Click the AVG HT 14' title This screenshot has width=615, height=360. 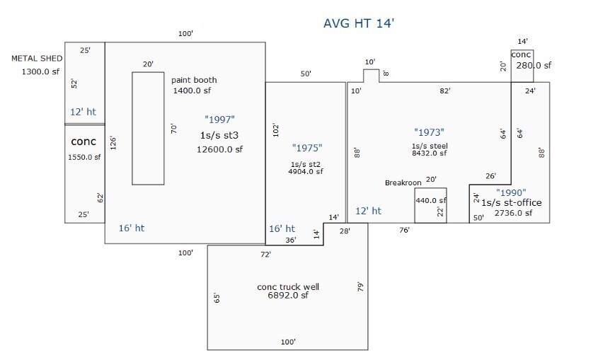[x=358, y=23]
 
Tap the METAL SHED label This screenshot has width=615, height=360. [x=37, y=59]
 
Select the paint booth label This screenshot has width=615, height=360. [x=194, y=80]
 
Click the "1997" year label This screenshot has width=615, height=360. [x=219, y=120]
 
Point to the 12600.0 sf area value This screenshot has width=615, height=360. [x=219, y=149]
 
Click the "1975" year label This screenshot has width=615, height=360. [x=306, y=148]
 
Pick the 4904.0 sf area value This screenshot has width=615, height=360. [x=306, y=170]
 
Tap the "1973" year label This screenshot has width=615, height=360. [x=428, y=132]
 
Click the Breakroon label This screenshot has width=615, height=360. [x=403, y=182]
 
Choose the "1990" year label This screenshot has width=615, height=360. [x=510, y=192]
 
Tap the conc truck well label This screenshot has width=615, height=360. [x=287, y=286]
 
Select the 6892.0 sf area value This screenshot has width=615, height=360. [x=288, y=296]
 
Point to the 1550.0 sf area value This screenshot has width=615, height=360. [x=84, y=157]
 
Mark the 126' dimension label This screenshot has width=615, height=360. [x=113, y=142]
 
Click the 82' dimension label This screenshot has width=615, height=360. [x=444, y=91]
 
